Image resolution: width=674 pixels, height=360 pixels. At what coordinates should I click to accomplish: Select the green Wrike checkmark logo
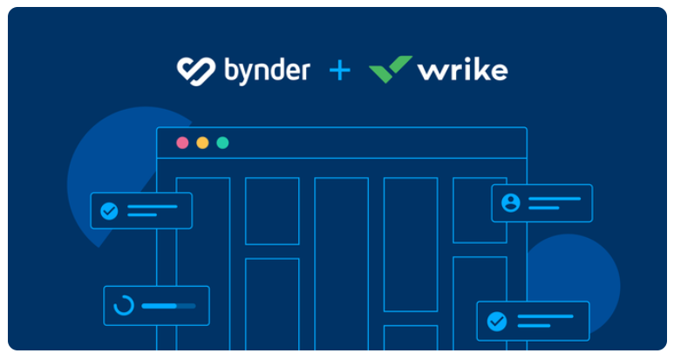[390, 69]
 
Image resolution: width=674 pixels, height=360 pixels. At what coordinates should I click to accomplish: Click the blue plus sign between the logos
[339, 70]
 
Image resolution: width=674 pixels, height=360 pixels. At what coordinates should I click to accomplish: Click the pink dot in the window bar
[182, 142]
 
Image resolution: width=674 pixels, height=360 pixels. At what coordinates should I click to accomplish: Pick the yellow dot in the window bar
[202, 142]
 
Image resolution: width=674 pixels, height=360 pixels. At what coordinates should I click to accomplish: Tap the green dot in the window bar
[222, 142]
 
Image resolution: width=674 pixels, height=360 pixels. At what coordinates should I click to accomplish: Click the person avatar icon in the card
[511, 203]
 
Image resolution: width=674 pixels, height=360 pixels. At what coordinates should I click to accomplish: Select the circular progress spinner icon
[124, 306]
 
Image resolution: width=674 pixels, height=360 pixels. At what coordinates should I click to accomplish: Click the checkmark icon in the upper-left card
[109, 211]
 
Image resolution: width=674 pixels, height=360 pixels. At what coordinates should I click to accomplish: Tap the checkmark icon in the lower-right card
[496, 321]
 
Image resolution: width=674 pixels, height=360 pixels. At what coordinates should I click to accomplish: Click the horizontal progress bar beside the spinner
[168, 306]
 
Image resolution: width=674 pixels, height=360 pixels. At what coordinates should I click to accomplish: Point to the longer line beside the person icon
[555, 198]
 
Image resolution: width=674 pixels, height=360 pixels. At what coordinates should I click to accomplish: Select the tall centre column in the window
[341, 262]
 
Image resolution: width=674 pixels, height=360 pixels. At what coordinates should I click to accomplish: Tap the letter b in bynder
[232, 69]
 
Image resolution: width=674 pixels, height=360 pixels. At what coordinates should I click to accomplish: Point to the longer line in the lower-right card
[545, 316]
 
